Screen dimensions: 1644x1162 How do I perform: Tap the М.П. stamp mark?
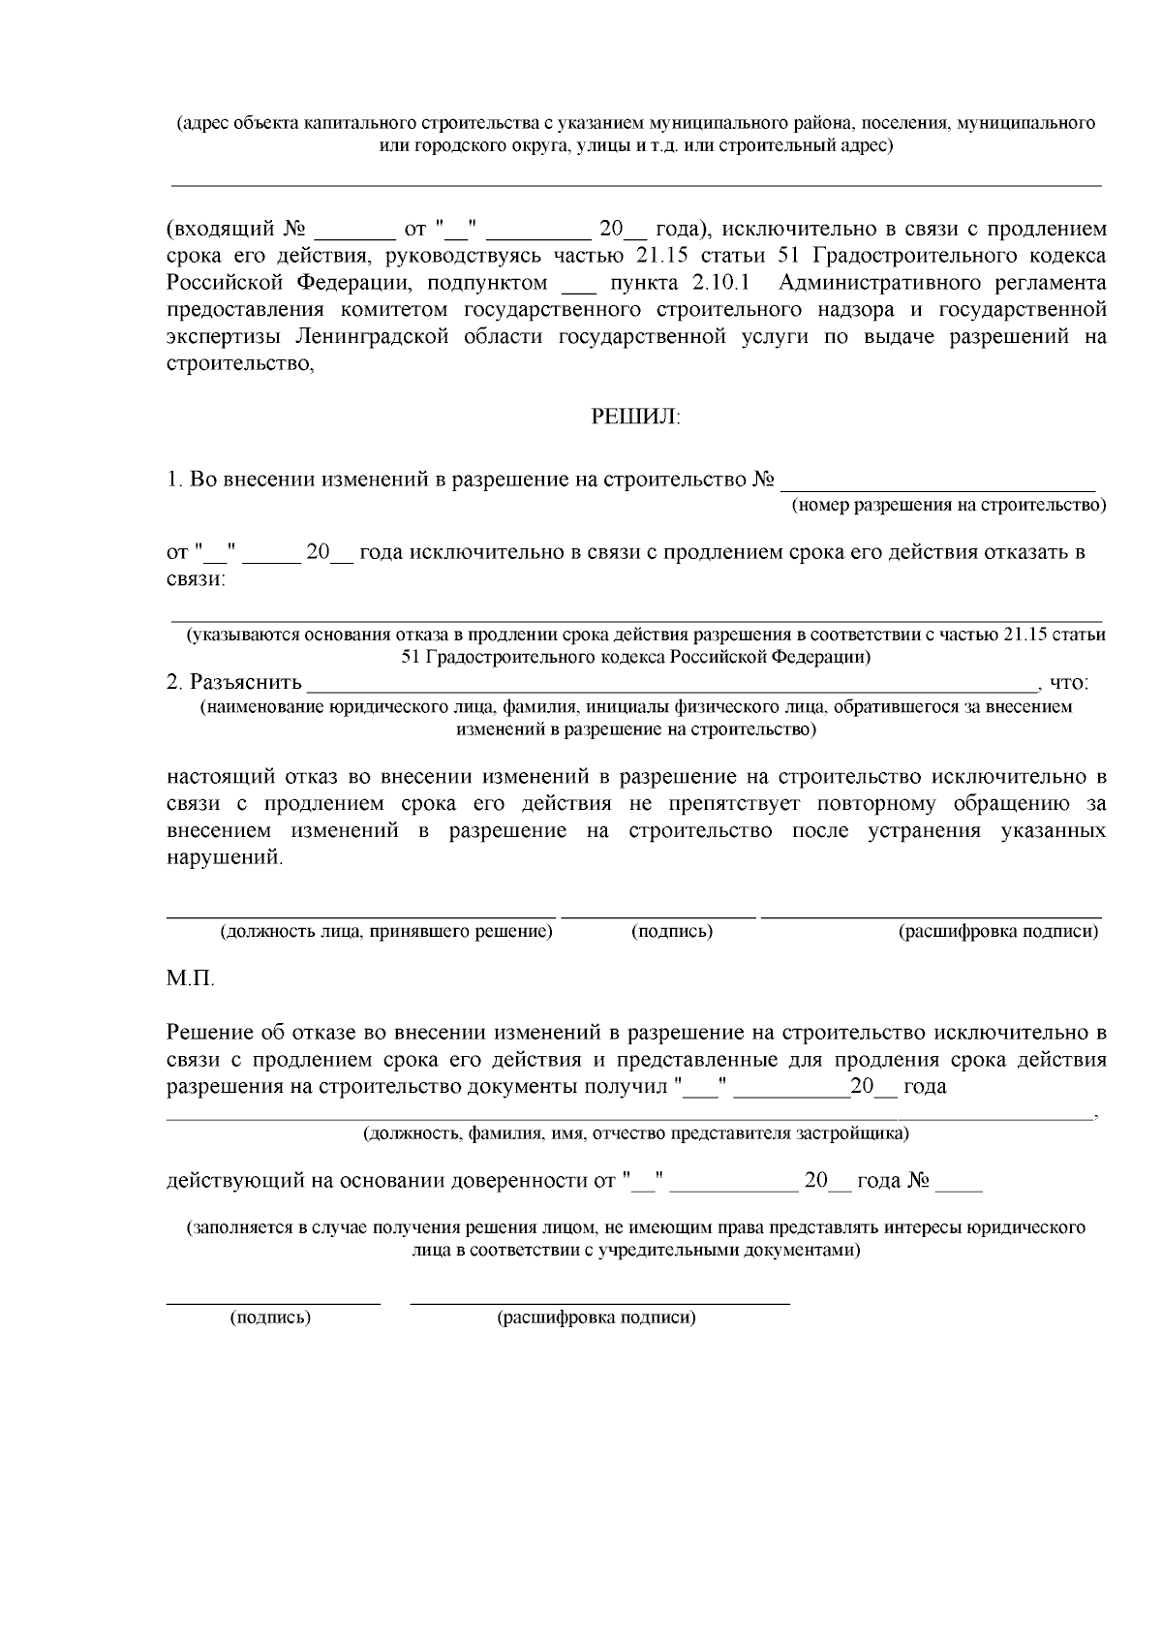[191, 978]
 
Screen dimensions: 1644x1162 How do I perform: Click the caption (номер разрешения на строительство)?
[948, 506]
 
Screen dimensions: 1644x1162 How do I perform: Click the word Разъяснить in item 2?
[245, 683]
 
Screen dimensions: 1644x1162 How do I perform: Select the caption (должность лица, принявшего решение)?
[386, 932]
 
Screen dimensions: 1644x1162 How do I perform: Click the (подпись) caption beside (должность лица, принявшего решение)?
[672, 932]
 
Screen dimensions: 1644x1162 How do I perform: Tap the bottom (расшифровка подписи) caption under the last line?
[596, 1318]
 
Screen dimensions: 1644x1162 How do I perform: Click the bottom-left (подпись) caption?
[270, 1318]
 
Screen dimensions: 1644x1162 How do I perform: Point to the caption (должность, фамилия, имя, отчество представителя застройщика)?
[635, 1133]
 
